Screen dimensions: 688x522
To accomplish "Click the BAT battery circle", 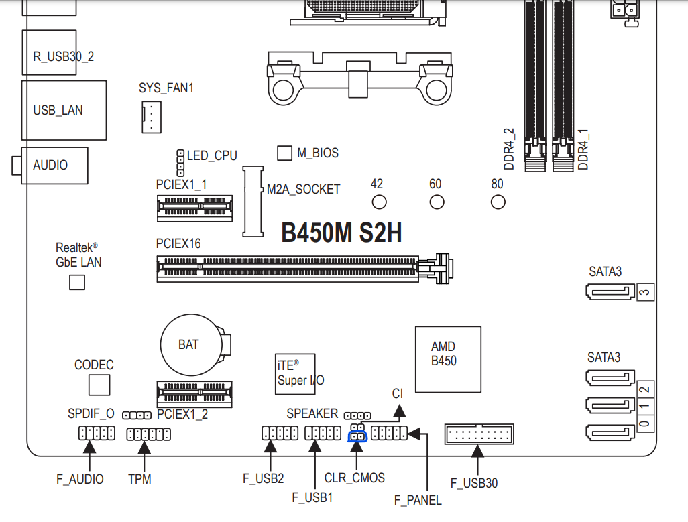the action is (191, 344).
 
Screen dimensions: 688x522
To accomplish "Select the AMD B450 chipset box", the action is (448, 359).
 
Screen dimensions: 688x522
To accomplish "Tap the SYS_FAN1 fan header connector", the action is (152, 117).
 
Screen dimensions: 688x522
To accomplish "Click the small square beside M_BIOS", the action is (285, 153).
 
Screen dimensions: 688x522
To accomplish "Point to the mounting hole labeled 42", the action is (379, 202).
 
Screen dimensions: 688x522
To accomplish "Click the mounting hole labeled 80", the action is (498, 202).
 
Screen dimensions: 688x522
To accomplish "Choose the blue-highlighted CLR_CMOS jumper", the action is (357, 436).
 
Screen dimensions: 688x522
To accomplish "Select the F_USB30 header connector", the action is (479, 434).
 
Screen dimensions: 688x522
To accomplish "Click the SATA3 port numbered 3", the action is (610, 292).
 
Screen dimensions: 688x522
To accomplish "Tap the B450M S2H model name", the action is (341, 233).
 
